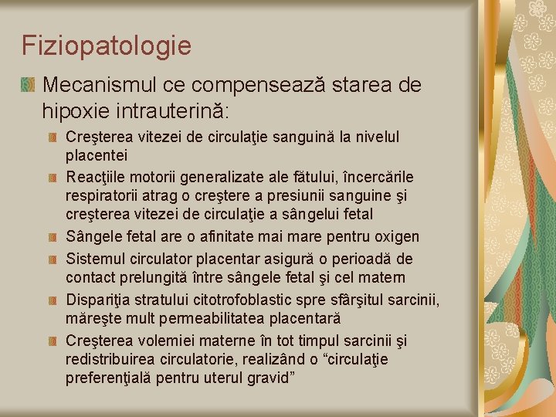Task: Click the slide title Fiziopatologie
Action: click(x=107, y=46)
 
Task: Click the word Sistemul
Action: click(x=94, y=257)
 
